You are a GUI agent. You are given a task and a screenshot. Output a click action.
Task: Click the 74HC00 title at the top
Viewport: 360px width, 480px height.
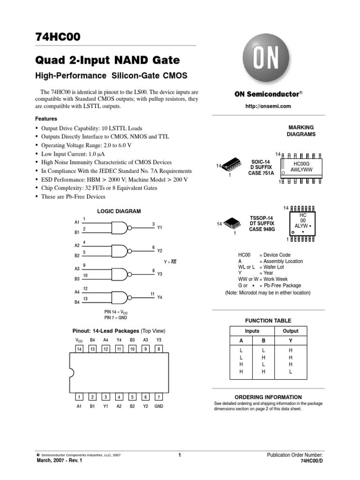(61, 37)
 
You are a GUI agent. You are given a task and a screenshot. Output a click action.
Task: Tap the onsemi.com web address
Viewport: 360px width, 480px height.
(268, 106)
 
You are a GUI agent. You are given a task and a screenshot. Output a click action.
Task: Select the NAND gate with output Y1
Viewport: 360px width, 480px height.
(120, 228)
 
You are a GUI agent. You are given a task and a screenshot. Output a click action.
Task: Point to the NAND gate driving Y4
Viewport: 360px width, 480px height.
(120, 297)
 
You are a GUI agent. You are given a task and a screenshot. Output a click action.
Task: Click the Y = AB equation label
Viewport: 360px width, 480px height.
(170, 262)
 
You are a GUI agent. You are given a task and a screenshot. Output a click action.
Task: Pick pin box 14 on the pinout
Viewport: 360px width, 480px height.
(79, 349)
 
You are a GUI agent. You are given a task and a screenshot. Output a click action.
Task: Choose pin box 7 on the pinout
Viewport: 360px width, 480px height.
(159, 397)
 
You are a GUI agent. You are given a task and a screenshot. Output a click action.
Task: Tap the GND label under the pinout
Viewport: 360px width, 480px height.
(159, 406)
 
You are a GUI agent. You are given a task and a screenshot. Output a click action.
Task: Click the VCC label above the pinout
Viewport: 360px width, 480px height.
(79, 340)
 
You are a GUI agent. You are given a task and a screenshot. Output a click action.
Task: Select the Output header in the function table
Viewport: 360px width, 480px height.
(290, 331)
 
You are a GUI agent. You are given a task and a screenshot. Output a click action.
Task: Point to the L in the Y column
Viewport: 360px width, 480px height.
(290, 372)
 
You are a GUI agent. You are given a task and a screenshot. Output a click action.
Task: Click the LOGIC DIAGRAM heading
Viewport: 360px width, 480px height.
(119, 211)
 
